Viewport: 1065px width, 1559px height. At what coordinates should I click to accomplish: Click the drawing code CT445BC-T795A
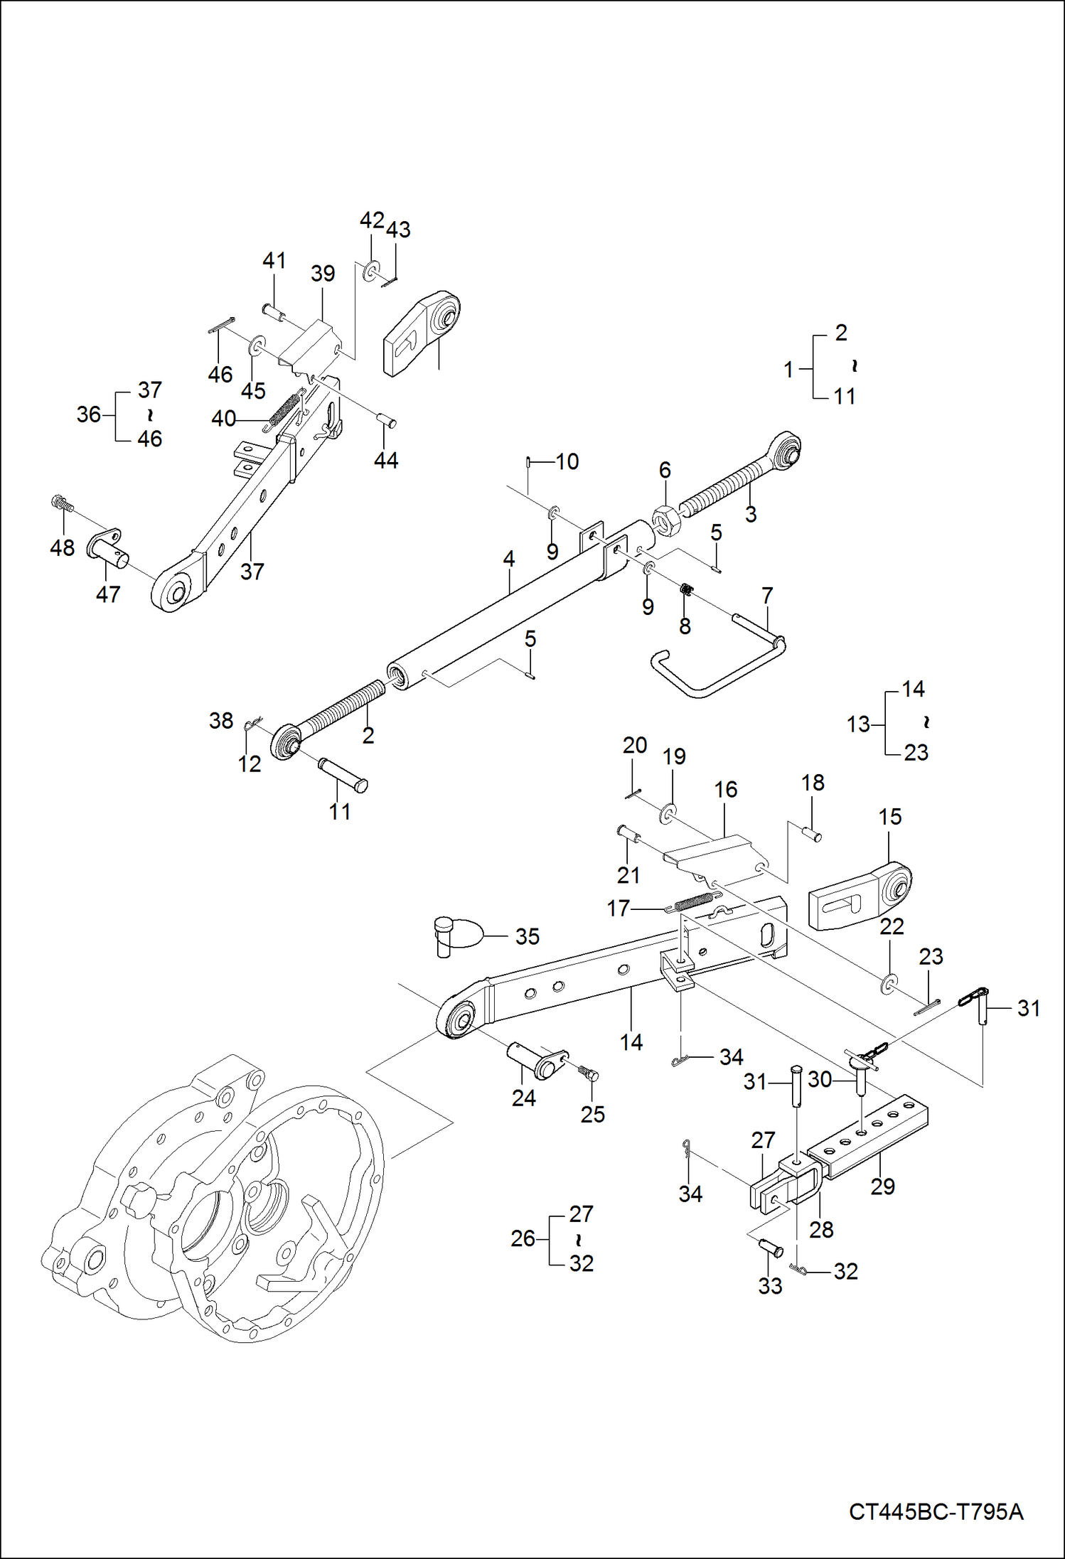click(x=936, y=1511)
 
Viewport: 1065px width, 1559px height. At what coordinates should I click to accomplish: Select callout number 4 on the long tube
click(x=508, y=559)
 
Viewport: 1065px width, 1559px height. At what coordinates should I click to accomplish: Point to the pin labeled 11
click(x=343, y=774)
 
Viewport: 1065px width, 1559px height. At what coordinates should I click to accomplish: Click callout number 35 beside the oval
click(x=527, y=936)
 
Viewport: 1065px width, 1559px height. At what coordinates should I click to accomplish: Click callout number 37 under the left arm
click(x=252, y=571)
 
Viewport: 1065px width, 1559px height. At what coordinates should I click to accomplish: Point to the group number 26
click(x=523, y=1238)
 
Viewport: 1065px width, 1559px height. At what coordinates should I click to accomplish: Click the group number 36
click(x=89, y=414)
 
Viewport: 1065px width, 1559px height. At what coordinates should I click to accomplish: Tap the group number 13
click(x=858, y=724)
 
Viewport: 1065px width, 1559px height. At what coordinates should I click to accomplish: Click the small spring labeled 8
click(x=686, y=589)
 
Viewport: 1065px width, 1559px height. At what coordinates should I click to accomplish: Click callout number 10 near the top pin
click(x=567, y=462)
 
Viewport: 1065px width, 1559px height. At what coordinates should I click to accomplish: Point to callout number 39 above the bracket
click(x=323, y=274)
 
